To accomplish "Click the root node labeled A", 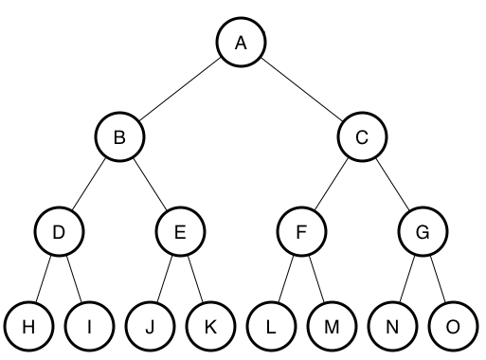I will [x=241, y=43].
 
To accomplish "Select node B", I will [x=119, y=138].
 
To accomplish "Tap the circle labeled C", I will [x=362, y=138].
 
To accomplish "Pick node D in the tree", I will [x=59, y=232].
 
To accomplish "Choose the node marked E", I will [x=180, y=232].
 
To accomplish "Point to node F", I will [x=301, y=232].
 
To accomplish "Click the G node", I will [x=423, y=232].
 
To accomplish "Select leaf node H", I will [x=28, y=327].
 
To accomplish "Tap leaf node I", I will [x=89, y=327].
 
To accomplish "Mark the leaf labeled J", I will [x=150, y=327].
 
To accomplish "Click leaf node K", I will [x=210, y=327].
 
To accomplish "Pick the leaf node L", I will [x=271, y=327].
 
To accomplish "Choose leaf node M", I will [x=332, y=327].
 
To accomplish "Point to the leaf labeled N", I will [x=392, y=327].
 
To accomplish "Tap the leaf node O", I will [x=453, y=327].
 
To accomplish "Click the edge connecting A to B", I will [x=180, y=90].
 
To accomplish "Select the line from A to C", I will [x=301, y=90].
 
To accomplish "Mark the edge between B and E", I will [x=150, y=186].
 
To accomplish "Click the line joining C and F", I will [x=332, y=186].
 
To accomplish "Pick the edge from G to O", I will [x=438, y=279].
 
